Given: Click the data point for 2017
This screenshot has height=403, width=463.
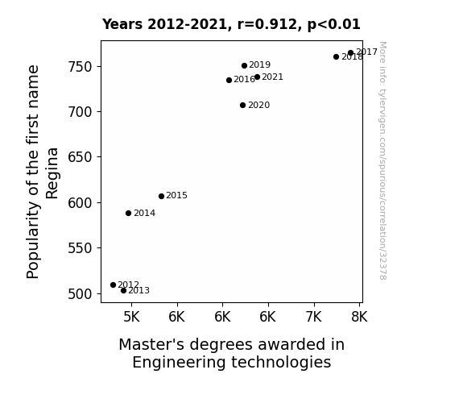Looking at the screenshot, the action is [x=350, y=53].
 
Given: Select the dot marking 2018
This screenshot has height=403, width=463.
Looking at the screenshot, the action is [x=336, y=56].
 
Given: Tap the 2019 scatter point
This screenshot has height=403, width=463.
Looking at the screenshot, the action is [x=244, y=65].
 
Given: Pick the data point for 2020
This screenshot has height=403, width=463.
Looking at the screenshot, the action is [x=242, y=106].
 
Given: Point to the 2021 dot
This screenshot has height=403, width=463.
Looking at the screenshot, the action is [x=257, y=77].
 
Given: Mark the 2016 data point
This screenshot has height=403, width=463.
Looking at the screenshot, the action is [x=229, y=80].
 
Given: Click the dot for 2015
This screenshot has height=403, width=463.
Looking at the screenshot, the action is [x=161, y=197].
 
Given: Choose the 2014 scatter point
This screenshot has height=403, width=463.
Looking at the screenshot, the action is [x=128, y=213].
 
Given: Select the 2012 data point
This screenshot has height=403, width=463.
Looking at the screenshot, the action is [x=113, y=285].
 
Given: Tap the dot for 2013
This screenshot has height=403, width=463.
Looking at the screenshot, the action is [x=123, y=291].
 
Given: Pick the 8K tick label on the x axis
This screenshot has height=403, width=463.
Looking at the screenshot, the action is [x=359, y=317].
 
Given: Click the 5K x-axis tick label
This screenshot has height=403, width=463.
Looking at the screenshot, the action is [x=131, y=317].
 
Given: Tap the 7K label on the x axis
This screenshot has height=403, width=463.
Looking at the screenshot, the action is [x=313, y=317].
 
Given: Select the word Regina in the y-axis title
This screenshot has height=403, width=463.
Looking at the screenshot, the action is [x=52, y=173].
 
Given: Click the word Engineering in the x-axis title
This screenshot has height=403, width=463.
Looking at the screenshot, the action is [x=179, y=363].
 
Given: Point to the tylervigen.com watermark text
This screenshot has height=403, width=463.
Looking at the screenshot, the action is [x=382, y=160].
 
